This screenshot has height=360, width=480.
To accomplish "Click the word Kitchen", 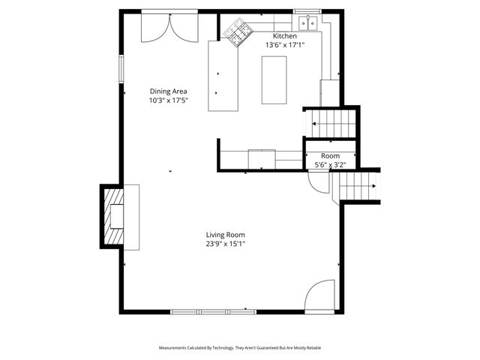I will (x=284, y=36).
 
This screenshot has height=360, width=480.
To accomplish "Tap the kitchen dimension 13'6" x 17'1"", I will (x=284, y=45).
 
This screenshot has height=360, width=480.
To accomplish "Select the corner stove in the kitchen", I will (x=238, y=34).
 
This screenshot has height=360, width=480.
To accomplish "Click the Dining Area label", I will (x=169, y=91).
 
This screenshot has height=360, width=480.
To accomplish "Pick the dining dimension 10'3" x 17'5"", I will (x=169, y=100).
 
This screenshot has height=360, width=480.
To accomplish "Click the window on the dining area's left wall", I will (x=120, y=68).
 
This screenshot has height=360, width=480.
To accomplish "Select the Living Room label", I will (x=226, y=235).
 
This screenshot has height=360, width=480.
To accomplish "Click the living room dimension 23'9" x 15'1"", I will (x=226, y=244).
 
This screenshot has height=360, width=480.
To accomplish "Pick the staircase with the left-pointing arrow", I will (x=329, y=123).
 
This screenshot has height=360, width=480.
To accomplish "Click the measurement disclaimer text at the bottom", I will (x=240, y=348).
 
